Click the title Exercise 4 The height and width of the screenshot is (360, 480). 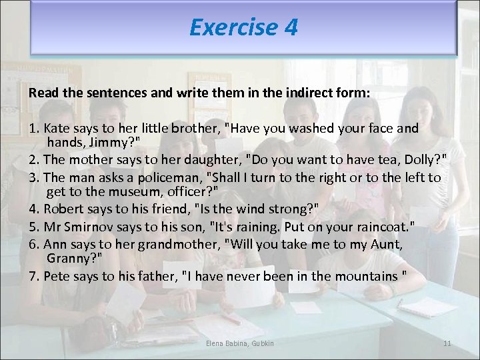click(x=243, y=27)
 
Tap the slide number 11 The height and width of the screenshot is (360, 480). click(x=447, y=343)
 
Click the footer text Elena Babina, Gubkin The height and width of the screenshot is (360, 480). click(x=239, y=343)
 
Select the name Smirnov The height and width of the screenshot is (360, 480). click(x=91, y=226)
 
